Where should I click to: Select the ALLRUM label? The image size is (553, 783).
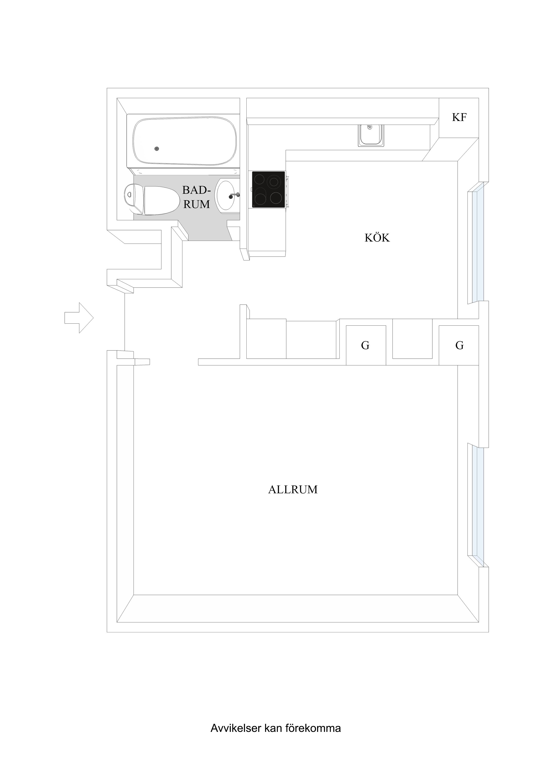tap(293, 490)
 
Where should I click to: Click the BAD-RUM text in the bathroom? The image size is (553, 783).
tap(196, 197)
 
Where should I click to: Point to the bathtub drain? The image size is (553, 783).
tap(156, 149)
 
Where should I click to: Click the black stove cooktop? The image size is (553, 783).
tap(268, 190)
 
